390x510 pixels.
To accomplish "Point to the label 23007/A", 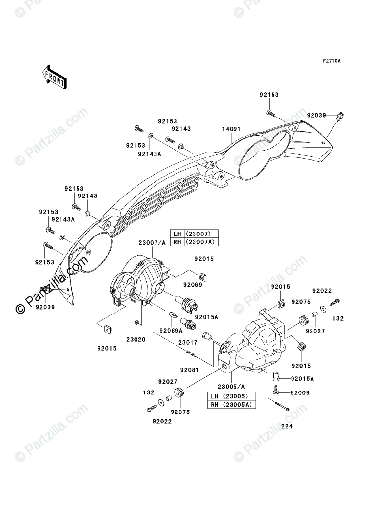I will tap(152, 243).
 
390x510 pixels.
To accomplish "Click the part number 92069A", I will tap(173, 330).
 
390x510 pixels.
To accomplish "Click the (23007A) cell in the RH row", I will tap(201, 242).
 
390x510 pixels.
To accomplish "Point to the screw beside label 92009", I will tap(277, 392).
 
